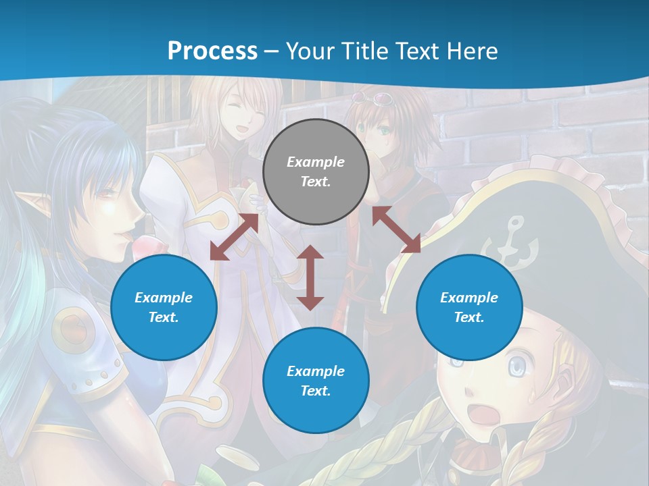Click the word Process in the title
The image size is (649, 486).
coord(212,51)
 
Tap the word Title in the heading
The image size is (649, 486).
coord(366,51)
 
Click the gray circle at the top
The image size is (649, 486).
coord(316,171)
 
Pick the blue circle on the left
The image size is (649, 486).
coord(164,307)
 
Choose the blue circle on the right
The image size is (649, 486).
coord(469,307)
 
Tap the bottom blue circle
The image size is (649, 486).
coord(316,381)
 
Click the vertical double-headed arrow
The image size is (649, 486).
coord(310,277)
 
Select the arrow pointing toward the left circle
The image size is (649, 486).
coord(234,236)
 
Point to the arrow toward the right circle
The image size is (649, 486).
coord(397,230)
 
